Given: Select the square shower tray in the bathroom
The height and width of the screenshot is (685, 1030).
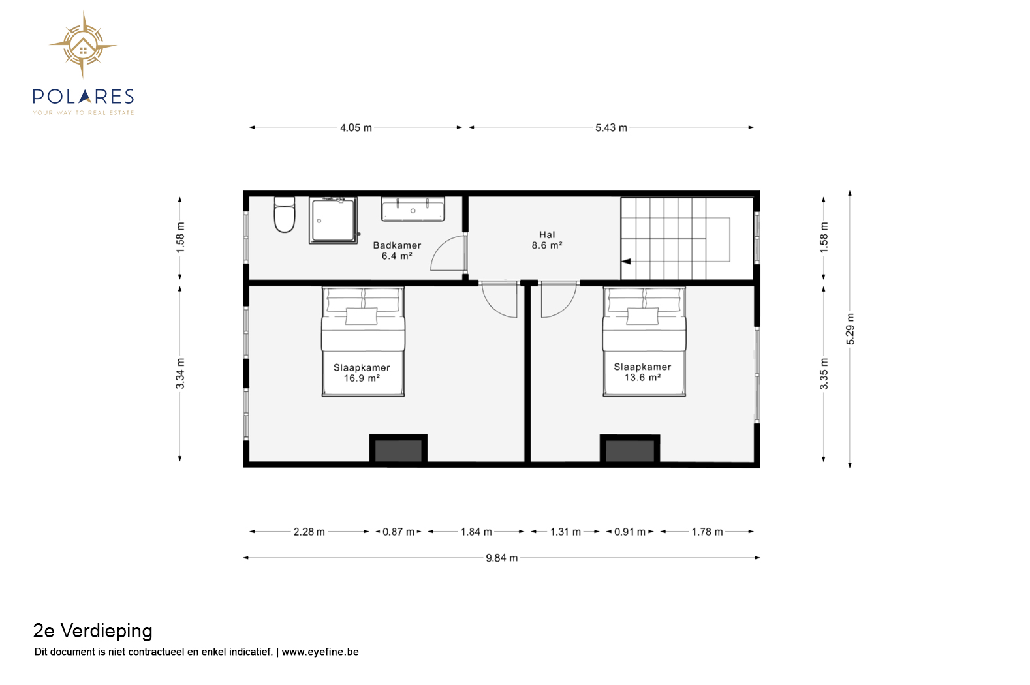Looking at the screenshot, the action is (333, 221).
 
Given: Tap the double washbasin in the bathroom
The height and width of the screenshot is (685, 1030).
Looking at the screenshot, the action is (413, 209).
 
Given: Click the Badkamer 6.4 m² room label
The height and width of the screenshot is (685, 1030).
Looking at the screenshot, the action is (397, 251).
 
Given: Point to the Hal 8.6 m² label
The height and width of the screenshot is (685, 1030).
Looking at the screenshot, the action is (547, 240).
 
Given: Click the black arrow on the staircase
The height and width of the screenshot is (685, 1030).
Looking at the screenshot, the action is (626, 261).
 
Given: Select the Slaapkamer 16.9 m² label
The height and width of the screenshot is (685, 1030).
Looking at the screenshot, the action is (362, 373).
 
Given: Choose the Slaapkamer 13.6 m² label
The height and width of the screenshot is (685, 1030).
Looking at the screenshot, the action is (642, 372).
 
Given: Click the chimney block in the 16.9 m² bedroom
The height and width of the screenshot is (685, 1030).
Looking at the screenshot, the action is (398, 449).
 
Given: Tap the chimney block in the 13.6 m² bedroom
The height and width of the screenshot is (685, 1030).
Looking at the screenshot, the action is (630, 449).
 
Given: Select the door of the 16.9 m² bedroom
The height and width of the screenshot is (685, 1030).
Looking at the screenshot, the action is (499, 299).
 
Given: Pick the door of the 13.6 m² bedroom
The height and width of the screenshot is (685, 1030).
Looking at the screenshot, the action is (559, 299).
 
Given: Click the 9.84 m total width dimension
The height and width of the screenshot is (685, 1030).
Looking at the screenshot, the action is (502, 558).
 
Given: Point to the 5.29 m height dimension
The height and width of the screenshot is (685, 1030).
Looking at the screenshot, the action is (851, 329).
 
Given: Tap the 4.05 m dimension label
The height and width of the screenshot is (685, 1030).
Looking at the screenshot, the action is (356, 128).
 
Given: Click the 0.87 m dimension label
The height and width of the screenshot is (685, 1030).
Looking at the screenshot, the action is (399, 532).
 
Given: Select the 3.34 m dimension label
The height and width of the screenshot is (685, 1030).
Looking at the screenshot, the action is (180, 373).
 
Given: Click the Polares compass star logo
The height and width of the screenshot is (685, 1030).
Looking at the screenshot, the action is (83, 45).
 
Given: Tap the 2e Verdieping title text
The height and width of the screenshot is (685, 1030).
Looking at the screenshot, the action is (93, 631).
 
